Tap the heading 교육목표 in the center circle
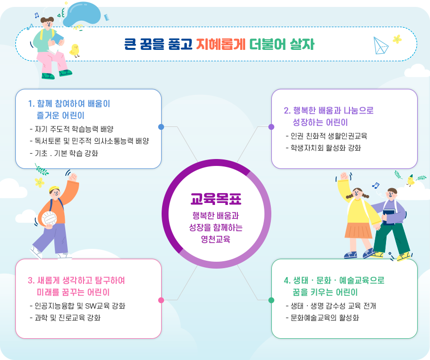(x=216, y=199)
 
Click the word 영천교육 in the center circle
(x=216, y=239)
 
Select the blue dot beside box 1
(x=161, y=127)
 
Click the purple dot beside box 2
(x=271, y=127)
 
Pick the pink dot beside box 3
(x=161, y=300)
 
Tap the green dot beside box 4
(x=271, y=300)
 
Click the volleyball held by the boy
(x=48, y=218)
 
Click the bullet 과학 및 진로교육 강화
(x=67, y=318)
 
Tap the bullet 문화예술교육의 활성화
(x=324, y=318)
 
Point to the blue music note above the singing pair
(x=376, y=186)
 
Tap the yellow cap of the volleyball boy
(x=54, y=189)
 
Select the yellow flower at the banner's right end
(x=397, y=39)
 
